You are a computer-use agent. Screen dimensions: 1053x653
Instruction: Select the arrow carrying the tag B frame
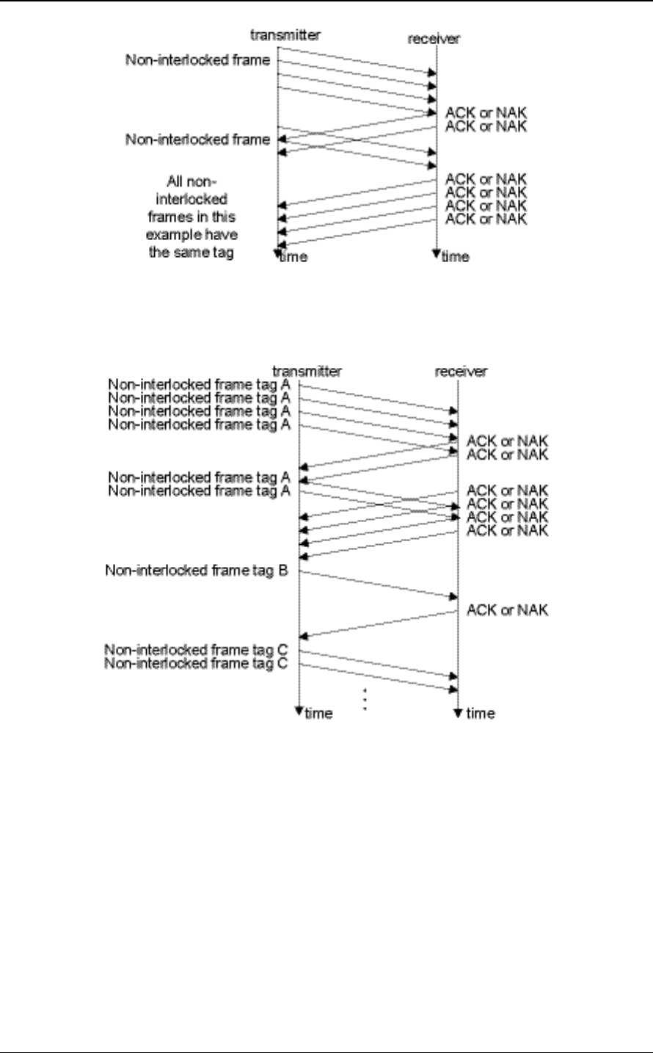378,585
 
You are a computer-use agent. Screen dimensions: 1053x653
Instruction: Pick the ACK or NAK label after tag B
507,610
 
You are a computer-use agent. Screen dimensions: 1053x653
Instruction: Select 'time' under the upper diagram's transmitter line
293,257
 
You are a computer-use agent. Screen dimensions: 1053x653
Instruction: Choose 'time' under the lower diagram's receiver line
480,714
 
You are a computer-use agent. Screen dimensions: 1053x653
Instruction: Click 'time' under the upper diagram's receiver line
455,257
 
